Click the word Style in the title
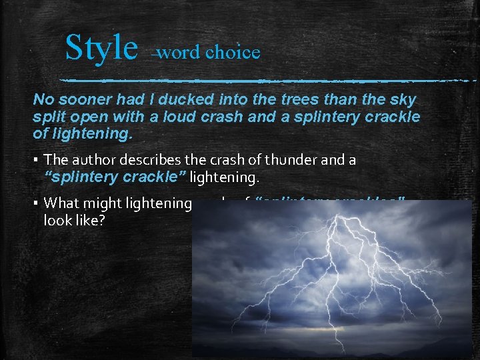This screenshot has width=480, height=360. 101,48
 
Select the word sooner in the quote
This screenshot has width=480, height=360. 82,100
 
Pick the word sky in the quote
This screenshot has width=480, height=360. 403,100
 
